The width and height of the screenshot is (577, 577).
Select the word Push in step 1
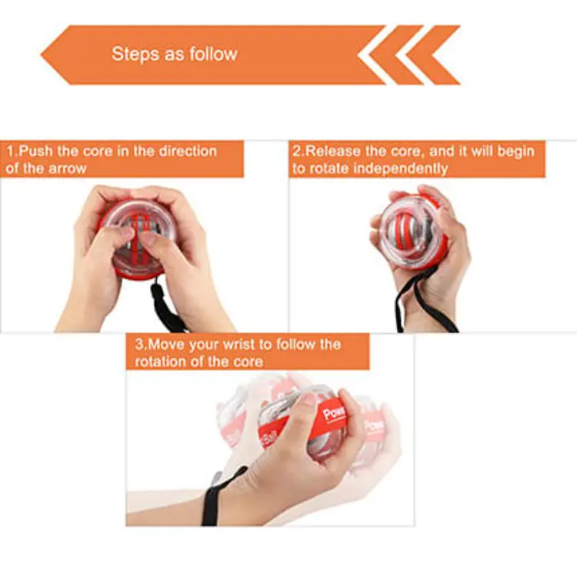(35, 151)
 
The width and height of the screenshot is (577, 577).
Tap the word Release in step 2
(331, 151)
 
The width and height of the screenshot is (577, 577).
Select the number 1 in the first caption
(10, 151)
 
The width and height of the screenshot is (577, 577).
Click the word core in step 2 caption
(395, 151)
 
